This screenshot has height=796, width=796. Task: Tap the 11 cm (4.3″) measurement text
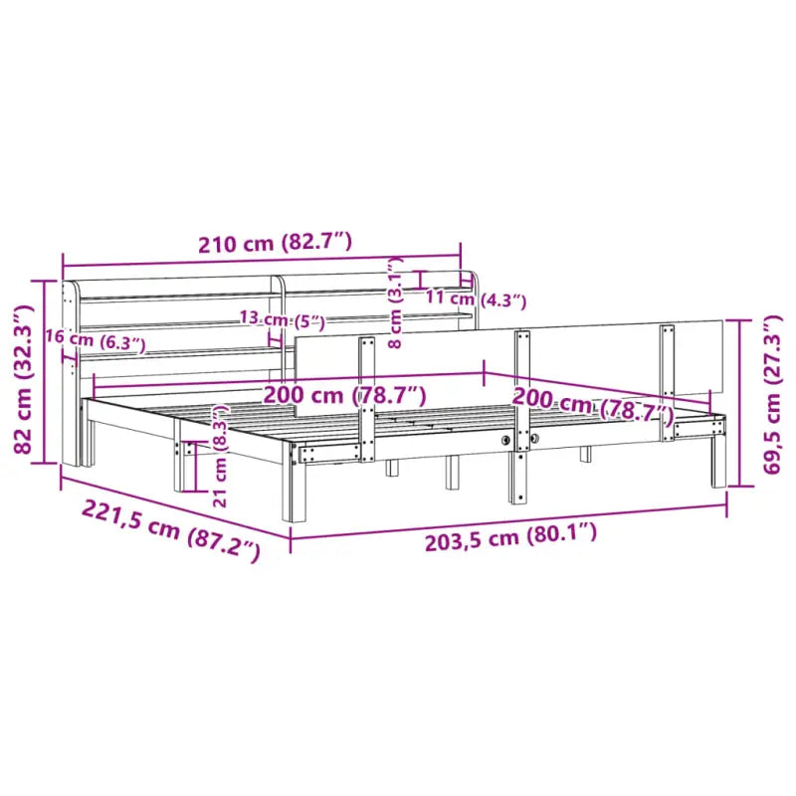click(x=475, y=298)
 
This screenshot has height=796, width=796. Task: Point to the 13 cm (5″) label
click(x=283, y=320)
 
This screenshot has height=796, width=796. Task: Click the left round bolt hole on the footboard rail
click(x=506, y=439)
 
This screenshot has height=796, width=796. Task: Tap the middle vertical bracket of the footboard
click(x=519, y=398)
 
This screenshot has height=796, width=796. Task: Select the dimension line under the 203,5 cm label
click(x=507, y=522)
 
